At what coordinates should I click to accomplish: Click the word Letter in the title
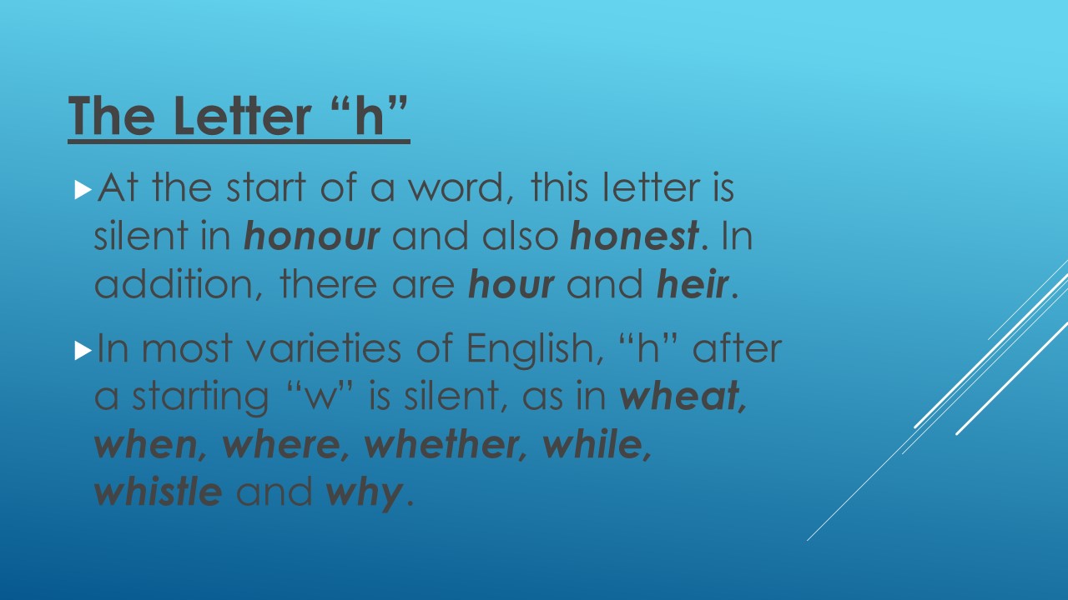click(242, 115)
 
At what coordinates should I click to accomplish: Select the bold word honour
click(312, 236)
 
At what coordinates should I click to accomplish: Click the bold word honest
click(635, 236)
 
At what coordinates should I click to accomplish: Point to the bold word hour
click(511, 284)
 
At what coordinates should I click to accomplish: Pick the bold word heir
click(693, 284)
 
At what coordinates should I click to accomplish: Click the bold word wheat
click(679, 396)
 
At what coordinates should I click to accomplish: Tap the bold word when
click(146, 444)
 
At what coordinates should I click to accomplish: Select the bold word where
click(281, 444)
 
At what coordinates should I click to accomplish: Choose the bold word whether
click(441, 444)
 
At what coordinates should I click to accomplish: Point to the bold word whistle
click(159, 492)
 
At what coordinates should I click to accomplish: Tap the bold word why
click(364, 494)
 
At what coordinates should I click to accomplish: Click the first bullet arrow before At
click(83, 191)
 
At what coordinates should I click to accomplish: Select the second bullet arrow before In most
click(83, 352)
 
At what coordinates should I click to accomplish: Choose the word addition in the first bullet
click(174, 284)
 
